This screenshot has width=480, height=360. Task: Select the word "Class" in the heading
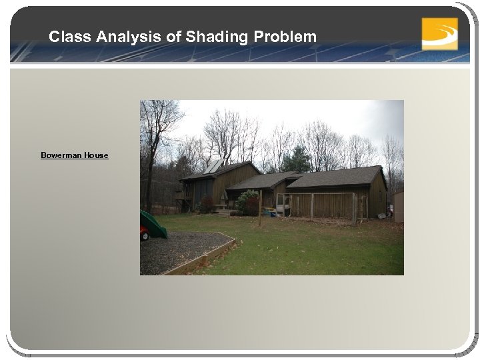click(67, 37)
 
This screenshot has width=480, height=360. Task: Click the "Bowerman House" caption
click(74, 155)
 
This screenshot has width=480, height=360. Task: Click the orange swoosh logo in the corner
click(439, 33)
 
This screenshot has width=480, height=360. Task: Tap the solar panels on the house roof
click(213, 166)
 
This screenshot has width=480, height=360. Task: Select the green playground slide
click(153, 224)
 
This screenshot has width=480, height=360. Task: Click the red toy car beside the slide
click(143, 234)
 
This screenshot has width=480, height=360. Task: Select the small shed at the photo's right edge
click(398, 206)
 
